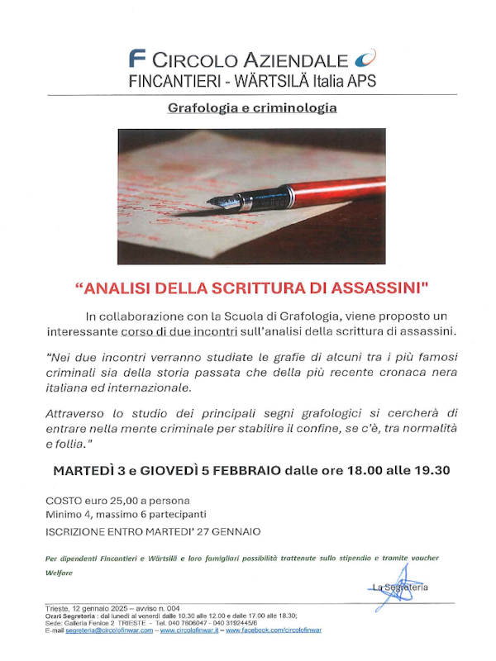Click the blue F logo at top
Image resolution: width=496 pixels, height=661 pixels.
click(x=138, y=59)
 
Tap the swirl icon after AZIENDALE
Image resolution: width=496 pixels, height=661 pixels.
click(x=365, y=59)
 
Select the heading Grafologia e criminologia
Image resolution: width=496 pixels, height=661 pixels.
click(x=252, y=108)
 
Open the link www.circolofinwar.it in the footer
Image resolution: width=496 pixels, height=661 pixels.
click(x=189, y=630)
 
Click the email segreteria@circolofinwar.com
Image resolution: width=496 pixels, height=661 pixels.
click(x=102, y=630)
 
